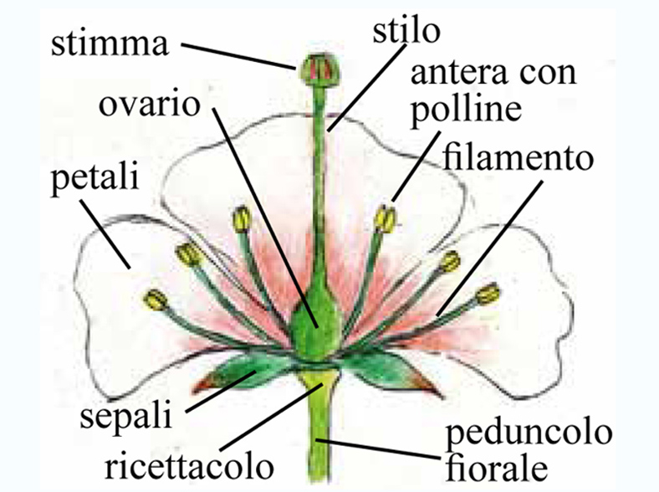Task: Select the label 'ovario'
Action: click(x=149, y=108)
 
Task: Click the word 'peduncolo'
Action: click(x=529, y=434)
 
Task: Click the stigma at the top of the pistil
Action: click(x=316, y=67)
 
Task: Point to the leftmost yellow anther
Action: click(x=156, y=298)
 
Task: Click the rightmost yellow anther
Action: click(x=488, y=293)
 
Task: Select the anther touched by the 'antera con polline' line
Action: click(x=386, y=218)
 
